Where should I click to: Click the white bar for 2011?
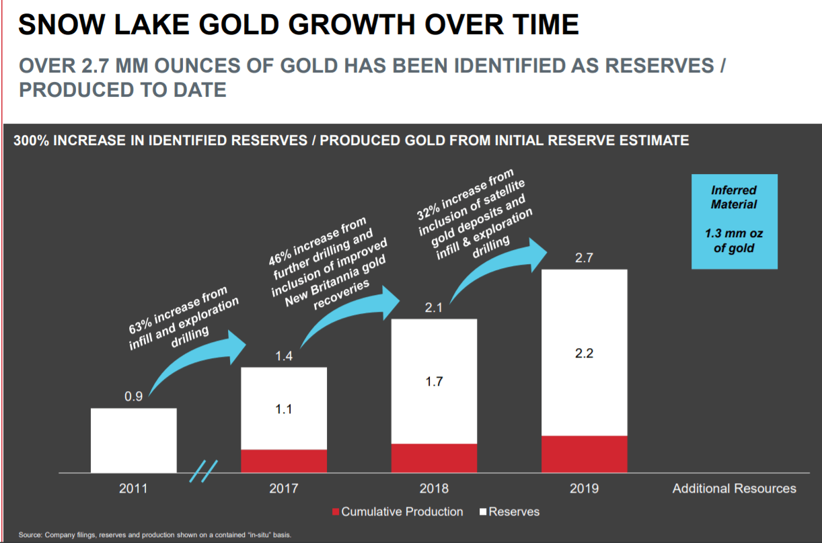click(x=133, y=440)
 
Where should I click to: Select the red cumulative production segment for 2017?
click(x=284, y=461)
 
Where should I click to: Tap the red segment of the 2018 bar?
click(x=434, y=458)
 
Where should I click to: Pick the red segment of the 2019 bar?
click(x=584, y=454)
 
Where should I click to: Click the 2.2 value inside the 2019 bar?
click(x=584, y=353)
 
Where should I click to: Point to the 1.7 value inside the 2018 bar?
click(x=434, y=382)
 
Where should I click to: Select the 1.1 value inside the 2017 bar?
click(x=284, y=409)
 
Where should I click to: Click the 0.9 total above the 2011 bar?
click(x=133, y=396)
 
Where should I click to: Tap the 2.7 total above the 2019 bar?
click(x=584, y=258)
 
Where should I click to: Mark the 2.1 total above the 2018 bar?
click(x=434, y=308)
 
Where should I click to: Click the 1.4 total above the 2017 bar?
click(x=284, y=356)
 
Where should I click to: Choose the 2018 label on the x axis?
click(x=434, y=489)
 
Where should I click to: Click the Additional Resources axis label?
click(x=734, y=489)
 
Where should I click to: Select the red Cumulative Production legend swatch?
click(x=335, y=512)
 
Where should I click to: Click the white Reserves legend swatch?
click(x=482, y=512)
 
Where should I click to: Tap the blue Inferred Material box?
click(x=734, y=221)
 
